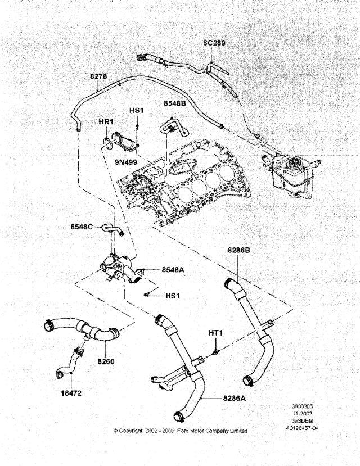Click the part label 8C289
[x=214, y=43]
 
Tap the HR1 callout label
[x=107, y=122]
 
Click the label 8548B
[x=174, y=104]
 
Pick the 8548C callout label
[x=83, y=227]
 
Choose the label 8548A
[x=173, y=270]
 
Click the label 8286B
[x=240, y=250]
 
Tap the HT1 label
[x=216, y=333]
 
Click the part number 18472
[x=70, y=393]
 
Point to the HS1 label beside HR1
[x=137, y=111]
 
